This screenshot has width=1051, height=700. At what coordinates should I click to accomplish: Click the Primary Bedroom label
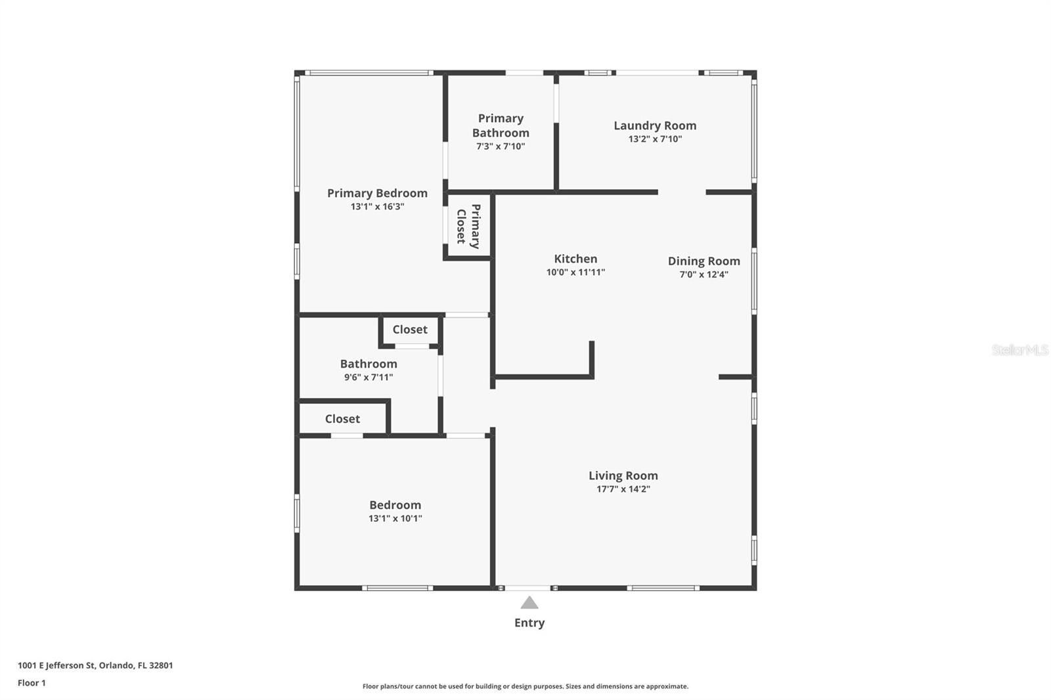coord(377,193)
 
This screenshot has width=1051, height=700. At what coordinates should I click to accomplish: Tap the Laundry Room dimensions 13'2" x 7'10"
coord(655,139)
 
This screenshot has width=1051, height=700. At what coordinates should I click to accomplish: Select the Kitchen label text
coord(575,259)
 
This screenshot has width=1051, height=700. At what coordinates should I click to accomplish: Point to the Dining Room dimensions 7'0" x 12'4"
coord(704,274)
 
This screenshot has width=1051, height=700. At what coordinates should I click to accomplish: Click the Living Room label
coord(623,475)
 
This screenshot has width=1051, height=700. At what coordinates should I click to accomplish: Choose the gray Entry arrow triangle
coord(529,603)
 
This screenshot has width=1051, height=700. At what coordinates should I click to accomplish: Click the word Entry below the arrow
coord(529,623)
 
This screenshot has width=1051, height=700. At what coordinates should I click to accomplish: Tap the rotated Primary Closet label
coord(468,226)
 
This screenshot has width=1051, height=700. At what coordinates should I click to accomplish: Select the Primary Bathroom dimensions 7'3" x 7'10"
coord(501,146)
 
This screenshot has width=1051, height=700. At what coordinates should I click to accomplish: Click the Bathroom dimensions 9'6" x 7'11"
coord(369,377)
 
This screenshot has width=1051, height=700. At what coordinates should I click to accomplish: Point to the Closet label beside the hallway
coord(410,330)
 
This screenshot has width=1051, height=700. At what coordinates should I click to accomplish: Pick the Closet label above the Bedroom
coord(342,419)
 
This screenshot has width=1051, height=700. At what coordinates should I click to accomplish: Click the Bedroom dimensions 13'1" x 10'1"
coord(395,518)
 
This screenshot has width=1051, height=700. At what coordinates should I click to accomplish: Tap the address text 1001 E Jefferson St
coord(56,665)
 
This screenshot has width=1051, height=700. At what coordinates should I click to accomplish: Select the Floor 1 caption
coord(32,683)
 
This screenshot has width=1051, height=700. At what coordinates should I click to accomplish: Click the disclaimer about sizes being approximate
coord(525,686)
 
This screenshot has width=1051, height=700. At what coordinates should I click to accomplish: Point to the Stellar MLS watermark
coord(1020,350)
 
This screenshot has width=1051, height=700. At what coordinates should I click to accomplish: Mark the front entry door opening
coord(528,588)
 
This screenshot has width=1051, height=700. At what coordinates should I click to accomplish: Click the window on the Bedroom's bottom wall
coord(397,588)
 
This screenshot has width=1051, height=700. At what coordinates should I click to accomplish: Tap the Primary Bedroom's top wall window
coord(369,73)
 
